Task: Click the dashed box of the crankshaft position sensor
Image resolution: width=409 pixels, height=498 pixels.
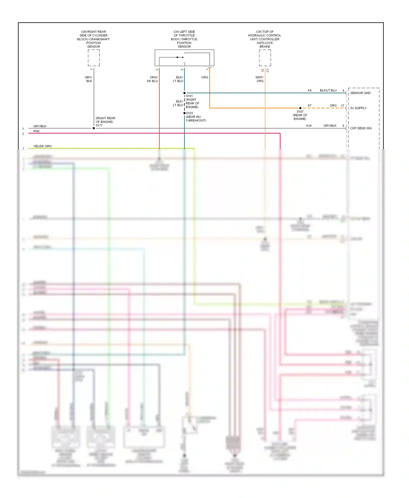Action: (94, 58)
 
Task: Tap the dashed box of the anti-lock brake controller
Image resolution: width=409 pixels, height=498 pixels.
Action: (265, 58)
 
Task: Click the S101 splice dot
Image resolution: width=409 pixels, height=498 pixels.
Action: (184, 93)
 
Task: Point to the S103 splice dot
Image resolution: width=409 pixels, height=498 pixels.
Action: (184, 113)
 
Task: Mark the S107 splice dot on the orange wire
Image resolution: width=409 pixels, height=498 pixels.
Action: (300, 108)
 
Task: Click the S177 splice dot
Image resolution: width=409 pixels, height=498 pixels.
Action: (94, 128)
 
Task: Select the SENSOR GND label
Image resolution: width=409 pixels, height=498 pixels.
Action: (360, 93)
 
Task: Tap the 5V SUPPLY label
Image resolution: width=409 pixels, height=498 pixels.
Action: (358, 108)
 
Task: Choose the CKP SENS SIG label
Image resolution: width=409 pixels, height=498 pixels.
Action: (361, 128)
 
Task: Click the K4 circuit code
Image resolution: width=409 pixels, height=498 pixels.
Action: (309, 90)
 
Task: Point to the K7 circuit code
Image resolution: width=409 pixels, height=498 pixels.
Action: (309, 106)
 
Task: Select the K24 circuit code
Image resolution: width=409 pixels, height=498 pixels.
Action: (309, 126)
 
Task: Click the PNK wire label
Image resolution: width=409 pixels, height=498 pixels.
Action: (37, 131)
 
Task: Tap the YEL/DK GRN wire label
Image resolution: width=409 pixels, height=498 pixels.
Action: (42, 146)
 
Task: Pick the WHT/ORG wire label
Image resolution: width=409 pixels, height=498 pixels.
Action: (260, 79)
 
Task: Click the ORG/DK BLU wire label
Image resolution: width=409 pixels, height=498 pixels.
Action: (152, 79)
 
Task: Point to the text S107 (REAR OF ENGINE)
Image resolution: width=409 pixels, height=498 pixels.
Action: (300, 115)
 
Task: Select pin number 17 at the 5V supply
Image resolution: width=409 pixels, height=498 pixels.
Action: (342, 106)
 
